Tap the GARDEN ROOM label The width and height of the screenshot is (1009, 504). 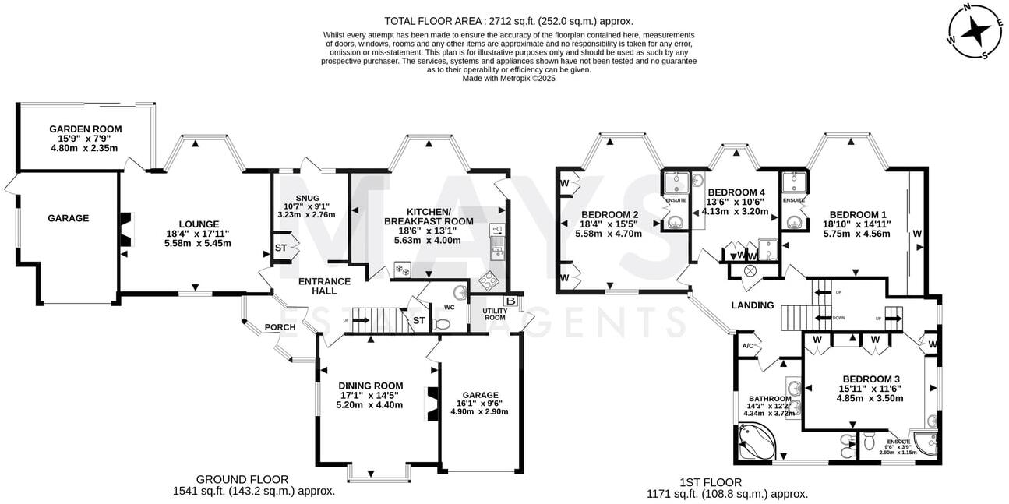(x=86, y=129)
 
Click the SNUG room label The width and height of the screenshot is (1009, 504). (x=305, y=197)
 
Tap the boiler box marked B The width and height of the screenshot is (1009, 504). (x=511, y=301)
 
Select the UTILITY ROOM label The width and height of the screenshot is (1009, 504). (x=494, y=315)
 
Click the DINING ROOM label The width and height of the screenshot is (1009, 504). (x=370, y=386)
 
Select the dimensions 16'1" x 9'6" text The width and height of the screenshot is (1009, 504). (x=479, y=404)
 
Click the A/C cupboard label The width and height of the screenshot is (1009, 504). (x=747, y=346)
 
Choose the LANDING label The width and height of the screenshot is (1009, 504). (x=753, y=305)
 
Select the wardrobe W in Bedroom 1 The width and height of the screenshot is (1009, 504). (x=917, y=233)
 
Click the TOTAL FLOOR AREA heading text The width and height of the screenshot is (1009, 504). (x=509, y=21)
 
